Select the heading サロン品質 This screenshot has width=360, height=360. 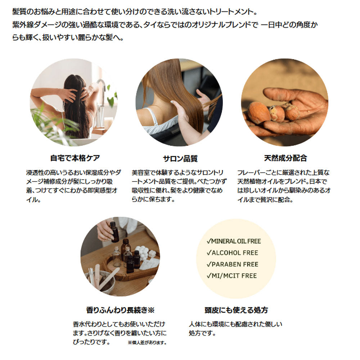pos(180,159)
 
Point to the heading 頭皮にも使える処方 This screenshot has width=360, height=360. pos(236,310)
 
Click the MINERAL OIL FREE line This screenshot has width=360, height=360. pos(234,241)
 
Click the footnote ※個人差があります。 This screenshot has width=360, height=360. pos(147,343)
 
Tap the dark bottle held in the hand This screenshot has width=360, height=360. pos(114,232)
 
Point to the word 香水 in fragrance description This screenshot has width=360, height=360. pos(80,324)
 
